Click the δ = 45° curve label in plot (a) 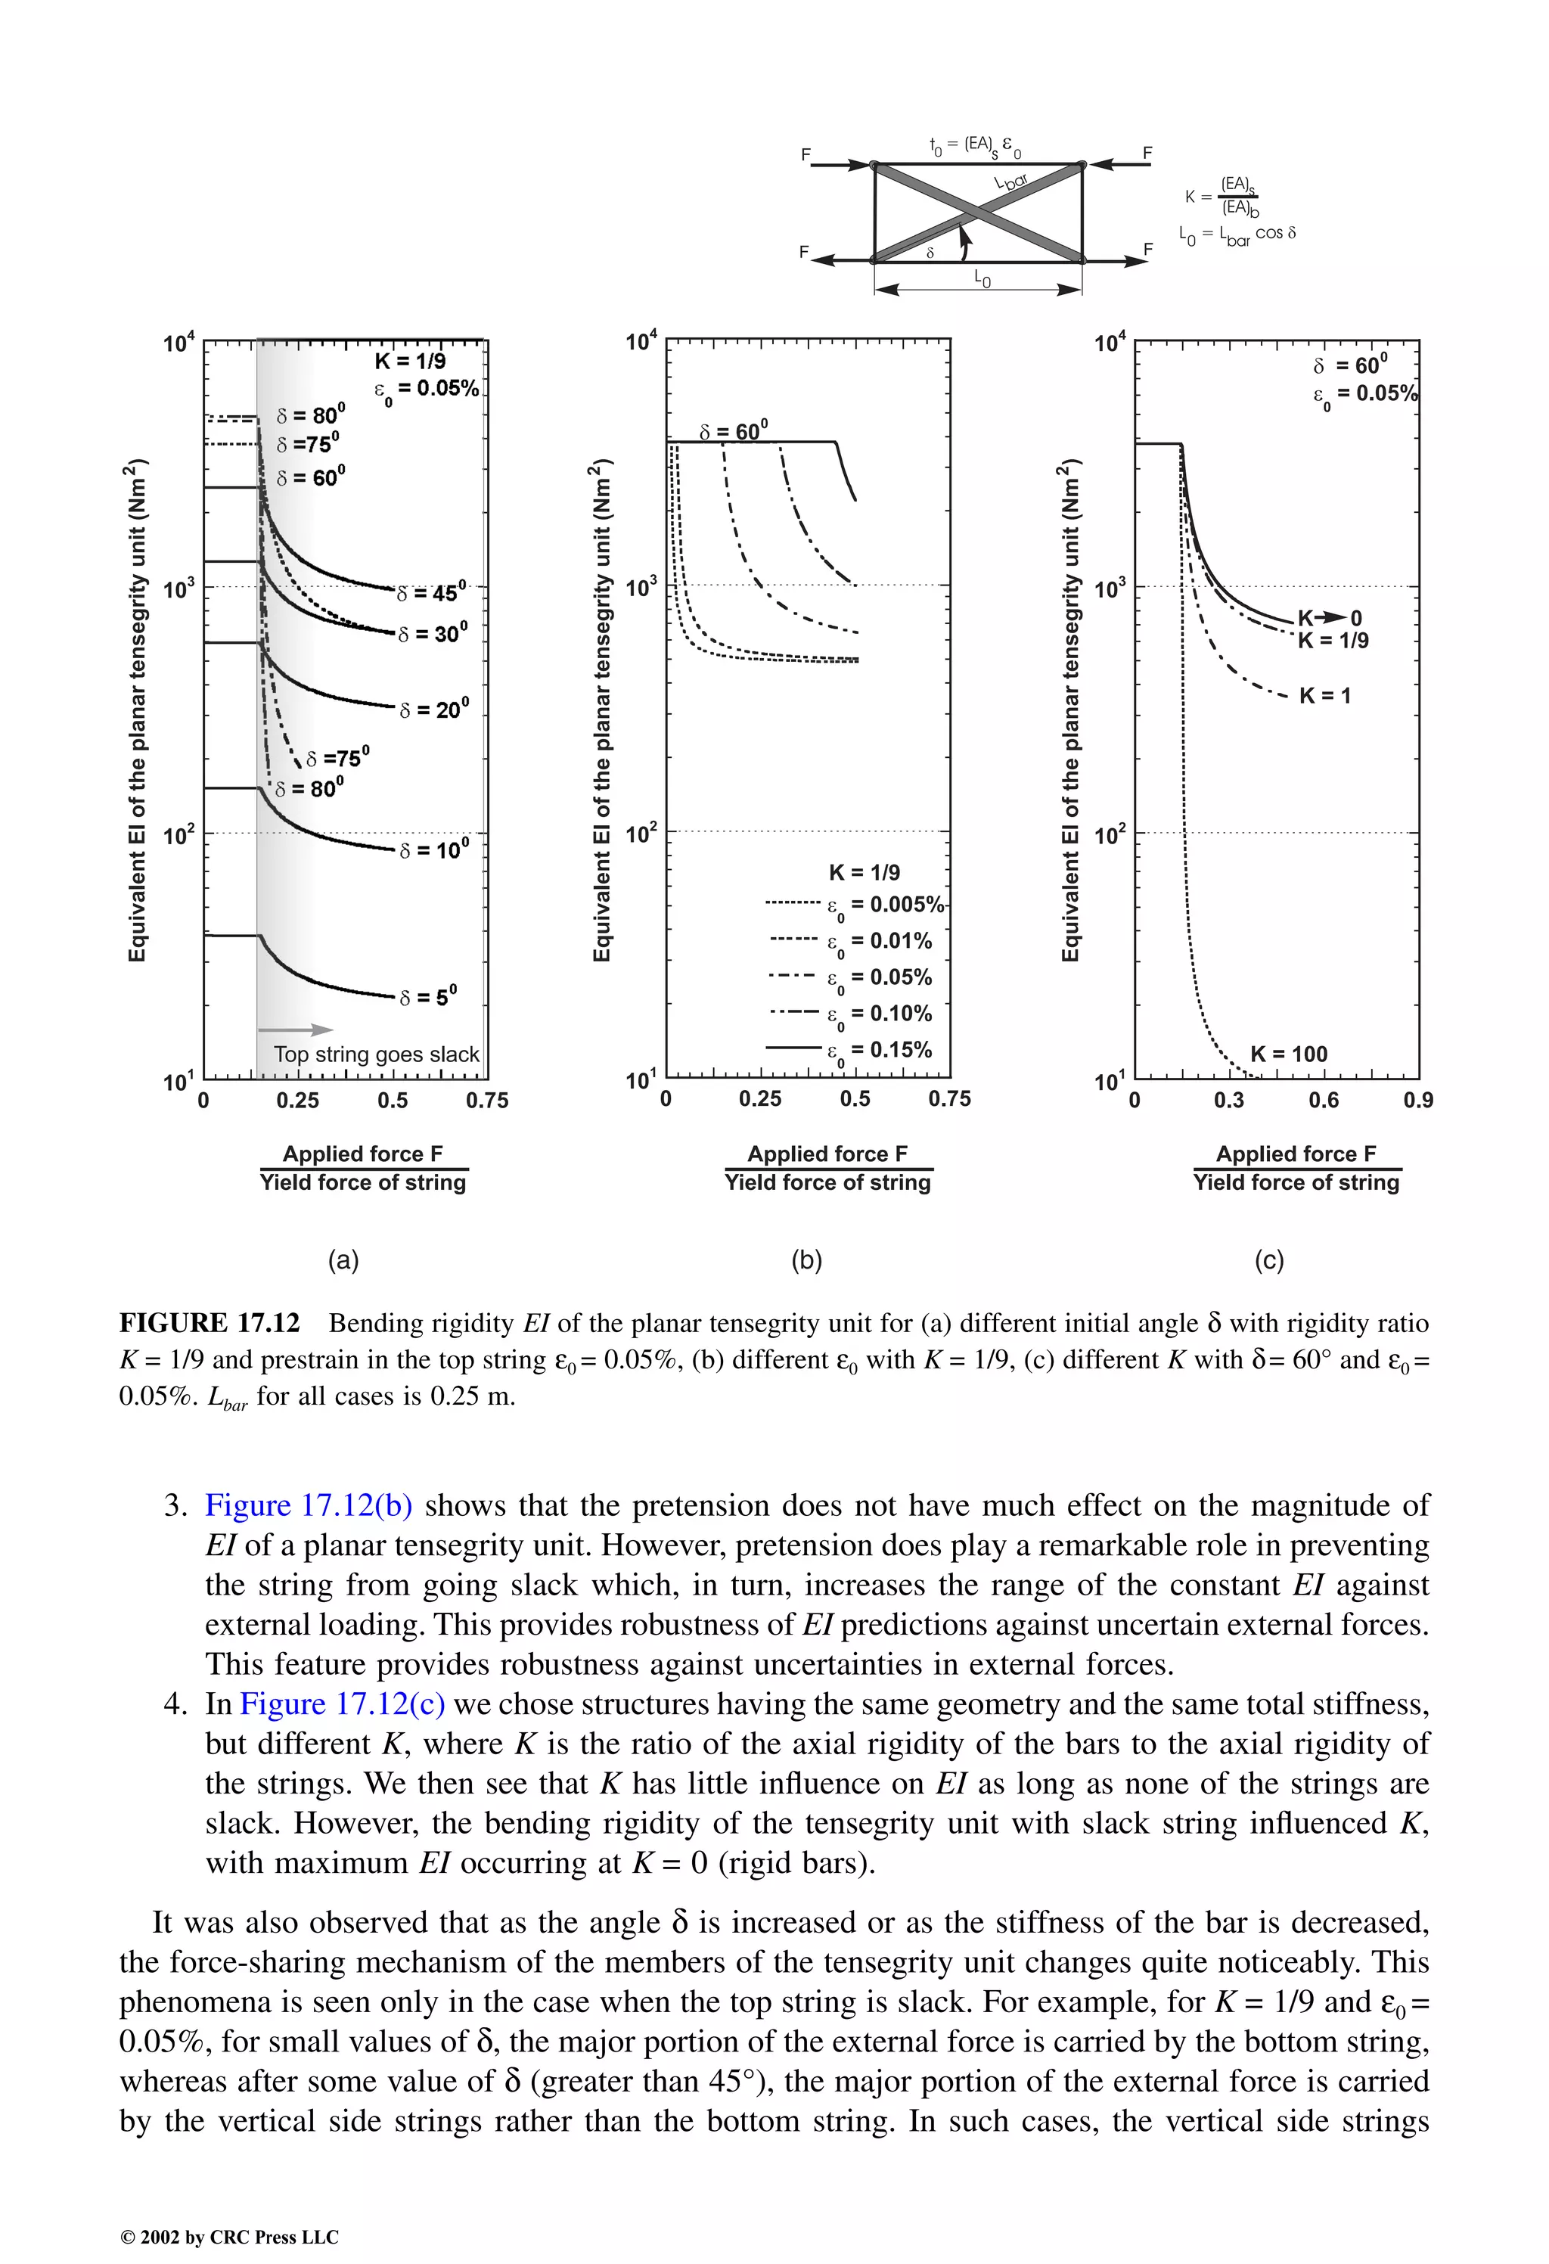pos(433,592)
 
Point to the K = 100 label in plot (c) pos(1288,1053)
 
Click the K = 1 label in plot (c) pos(1325,696)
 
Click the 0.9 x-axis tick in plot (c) pos(1417,1100)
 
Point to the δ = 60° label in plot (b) pos(734,430)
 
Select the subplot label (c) pos(1268,1260)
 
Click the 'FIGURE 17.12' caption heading pos(210,1323)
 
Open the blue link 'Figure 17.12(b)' pos(308,1505)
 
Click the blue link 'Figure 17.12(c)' pos(342,1703)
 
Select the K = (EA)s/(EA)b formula pos(1223,196)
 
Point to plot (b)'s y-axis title pos(602,710)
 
